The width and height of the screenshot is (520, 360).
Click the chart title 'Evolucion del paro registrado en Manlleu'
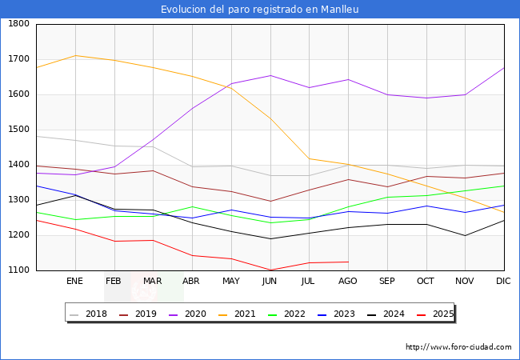coord(259,10)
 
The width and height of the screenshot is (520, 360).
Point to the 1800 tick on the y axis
coord(18,24)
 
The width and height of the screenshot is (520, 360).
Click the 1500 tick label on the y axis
coord(18,130)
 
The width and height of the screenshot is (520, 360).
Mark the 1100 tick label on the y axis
coord(18,270)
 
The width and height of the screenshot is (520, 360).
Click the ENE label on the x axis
coord(74,282)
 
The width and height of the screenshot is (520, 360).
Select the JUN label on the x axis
coord(270,282)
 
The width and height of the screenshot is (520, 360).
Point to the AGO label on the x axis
coord(348,282)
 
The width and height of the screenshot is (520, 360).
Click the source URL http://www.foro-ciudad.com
coord(458,347)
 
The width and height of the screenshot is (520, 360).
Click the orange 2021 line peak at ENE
coord(75,55)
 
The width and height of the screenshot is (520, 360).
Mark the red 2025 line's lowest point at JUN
coord(270,270)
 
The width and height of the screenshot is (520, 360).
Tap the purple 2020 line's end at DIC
coord(504,68)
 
